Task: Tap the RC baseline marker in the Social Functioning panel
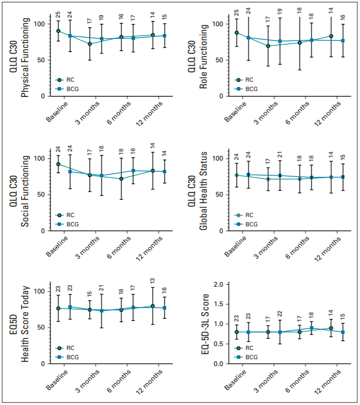[x=58, y=164]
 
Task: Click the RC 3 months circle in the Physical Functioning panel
[x=90, y=44]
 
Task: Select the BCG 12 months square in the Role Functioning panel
[x=342, y=40]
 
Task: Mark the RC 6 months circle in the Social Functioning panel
[x=121, y=179]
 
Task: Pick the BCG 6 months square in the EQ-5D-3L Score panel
[x=312, y=328]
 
